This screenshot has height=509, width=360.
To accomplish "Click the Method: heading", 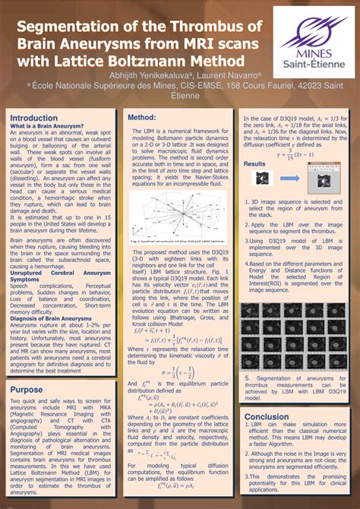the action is [x=141, y=119].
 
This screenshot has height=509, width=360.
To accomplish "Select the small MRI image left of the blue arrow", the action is [x=262, y=179].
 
